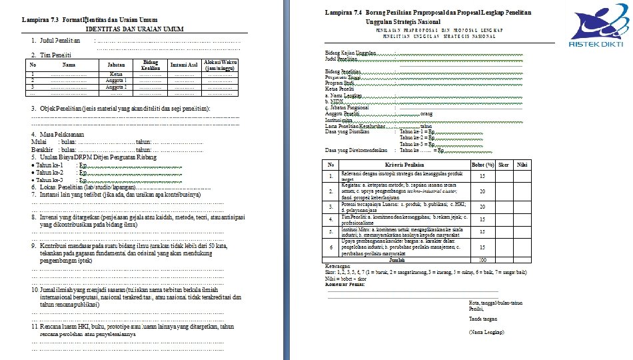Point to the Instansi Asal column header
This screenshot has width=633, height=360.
[183, 65]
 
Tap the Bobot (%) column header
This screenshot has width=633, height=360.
[482, 164]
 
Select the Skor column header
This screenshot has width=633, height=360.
[504, 164]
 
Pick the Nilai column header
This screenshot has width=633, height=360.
[524, 164]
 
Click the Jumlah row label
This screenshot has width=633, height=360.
[397, 260]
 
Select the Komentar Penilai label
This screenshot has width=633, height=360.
[346, 284]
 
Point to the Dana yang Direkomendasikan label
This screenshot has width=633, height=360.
[357, 150]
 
